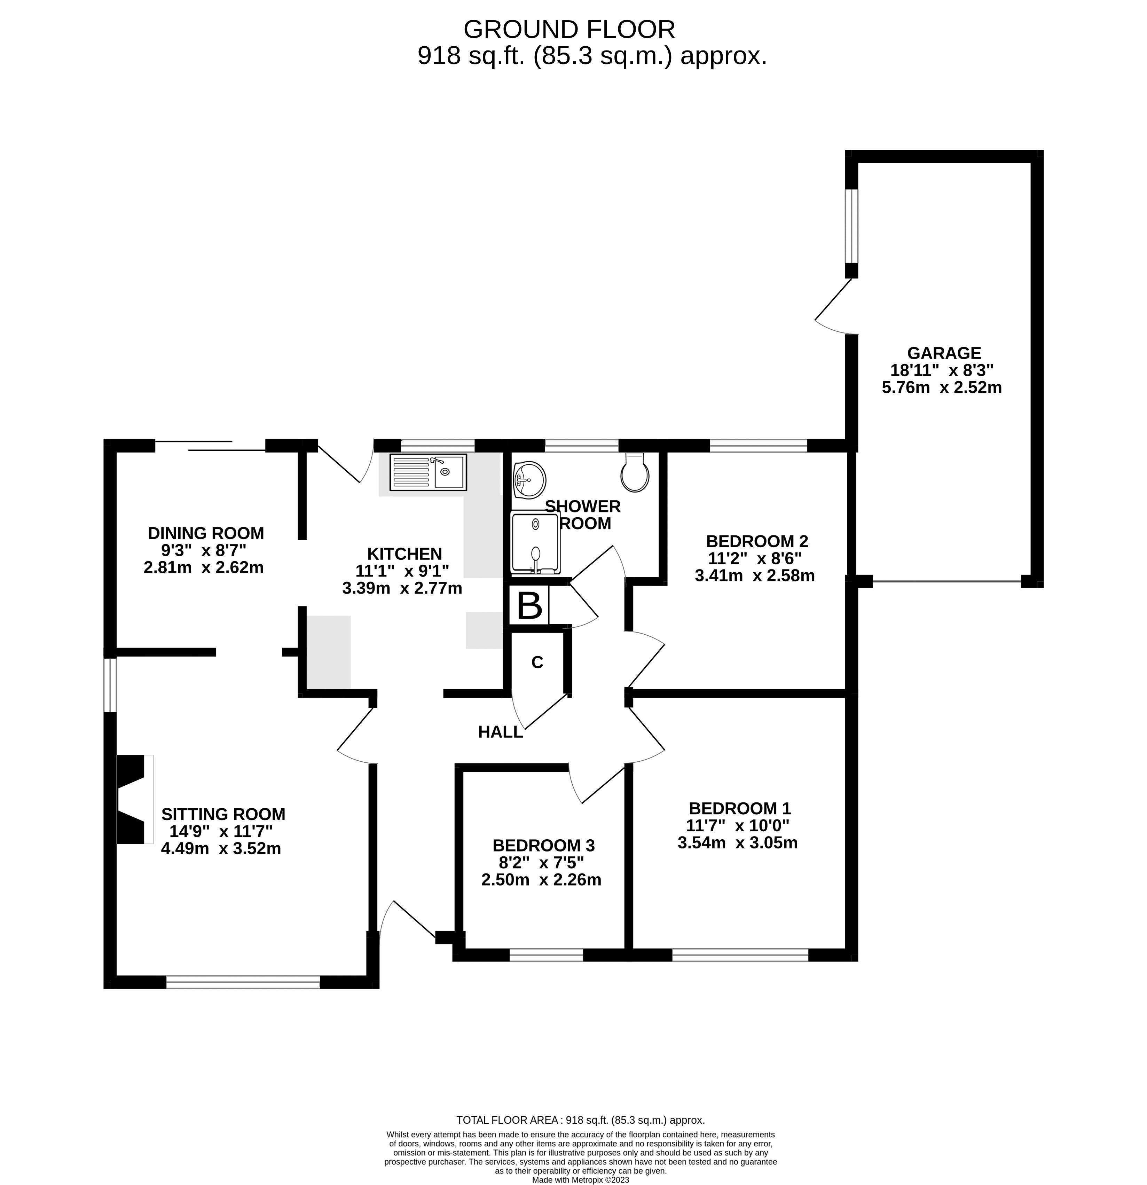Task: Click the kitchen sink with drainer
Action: click(x=428, y=472)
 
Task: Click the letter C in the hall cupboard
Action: click(x=537, y=662)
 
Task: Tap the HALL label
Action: click(x=500, y=732)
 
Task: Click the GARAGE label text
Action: click(x=943, y=353)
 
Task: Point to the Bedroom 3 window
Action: click(x=546, y=955)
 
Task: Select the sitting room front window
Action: click(x=243, y=982)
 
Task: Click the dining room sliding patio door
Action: click(x=210, y=446)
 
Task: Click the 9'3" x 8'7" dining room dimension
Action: click(x=204, y=550)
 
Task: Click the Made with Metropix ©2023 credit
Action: click(x=580, y=1179)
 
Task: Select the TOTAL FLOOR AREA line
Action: click(x=580, y=1120)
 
